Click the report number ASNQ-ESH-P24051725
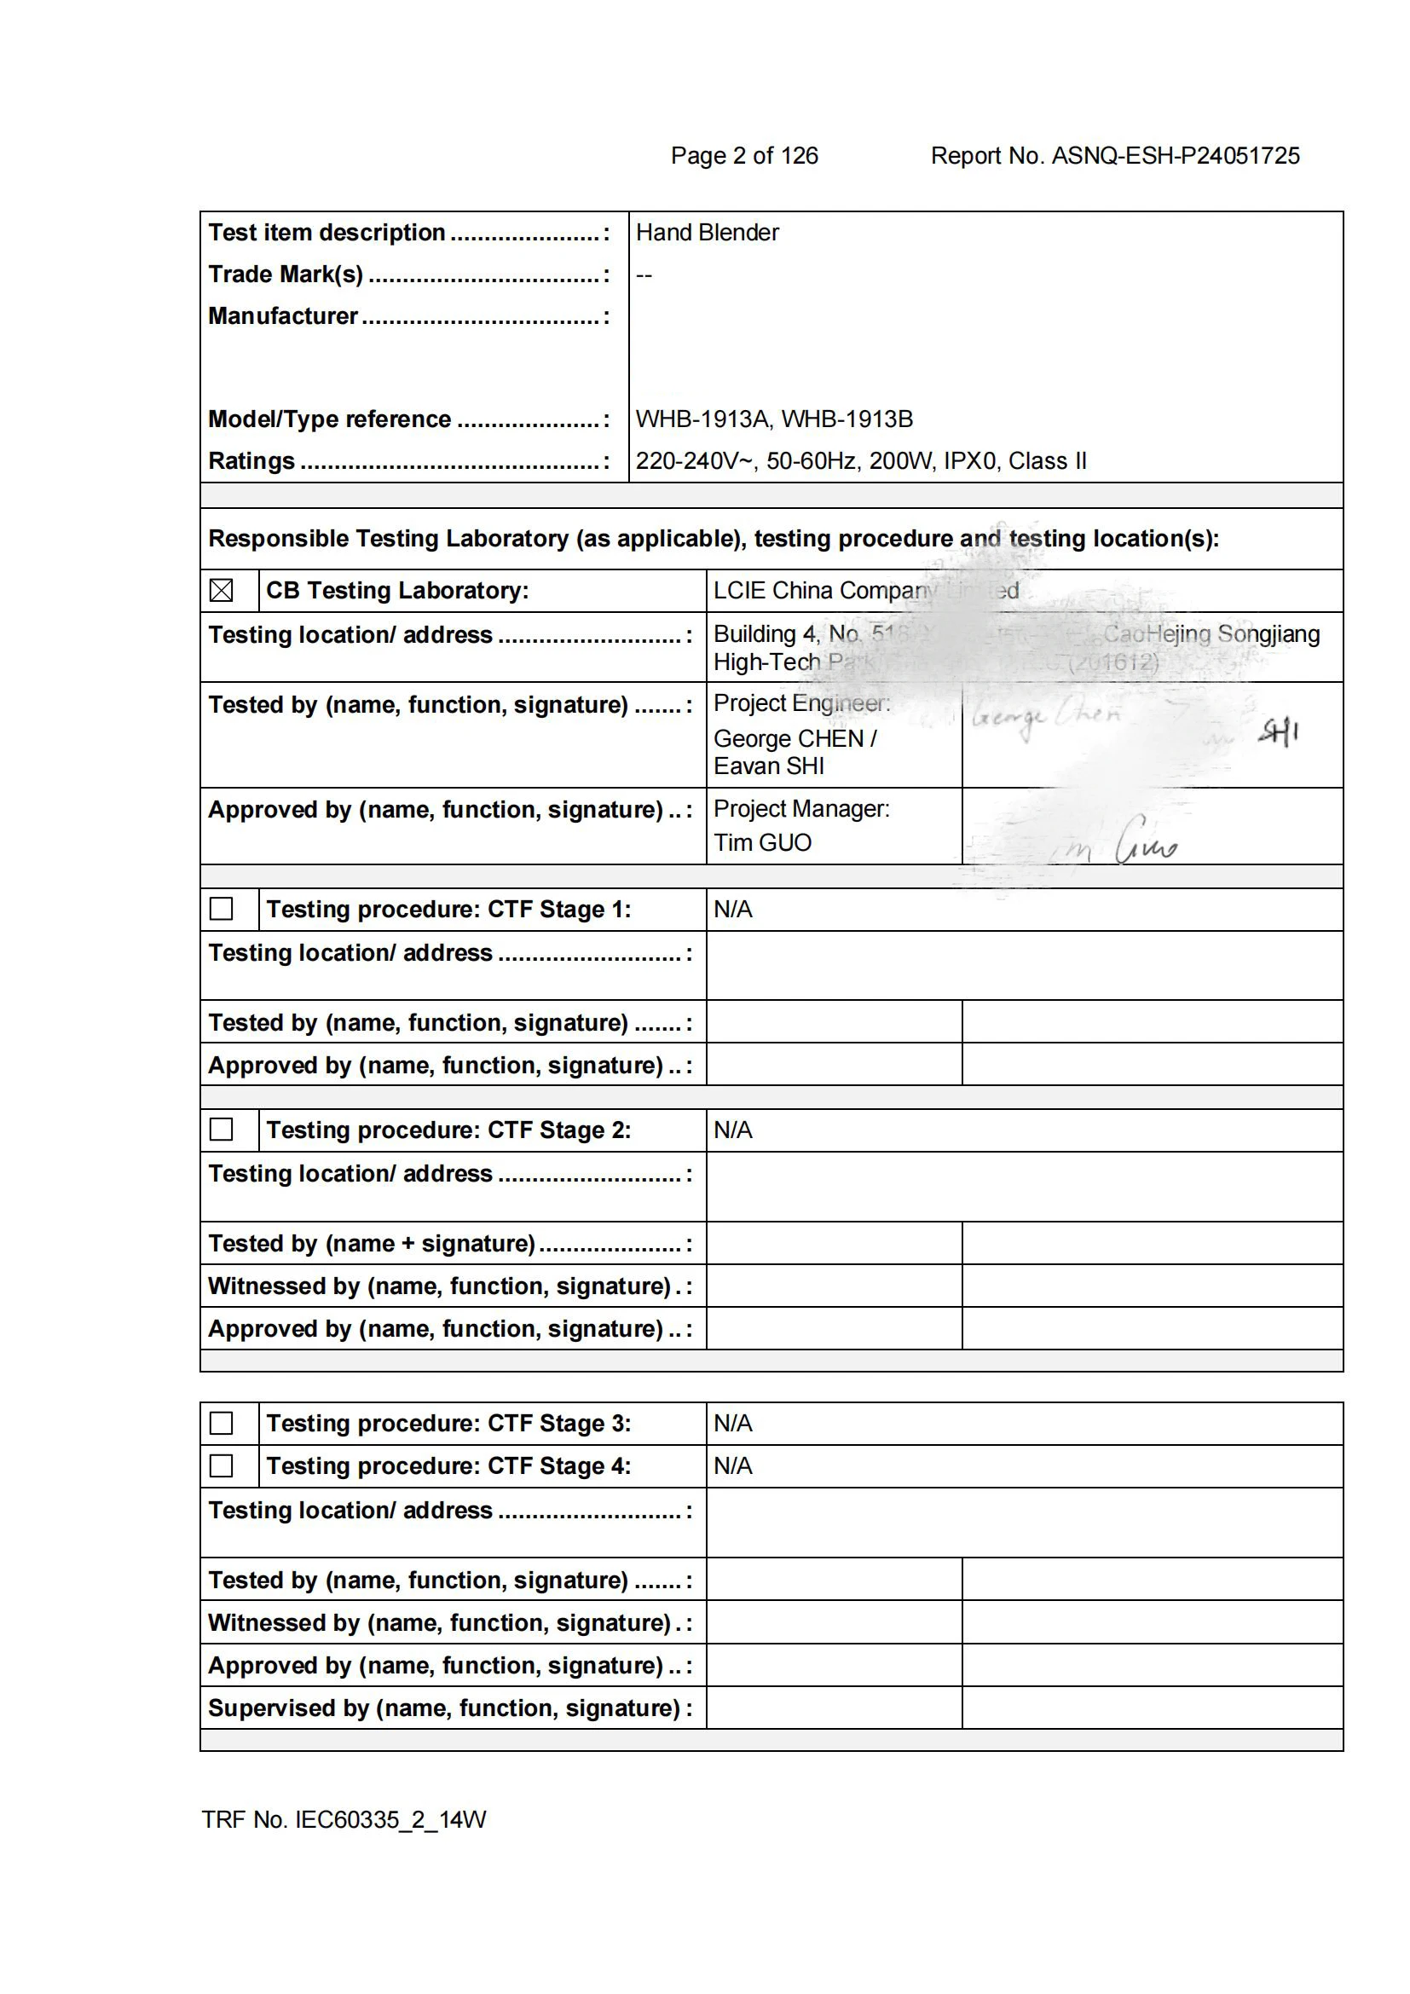(x=1176, y=155)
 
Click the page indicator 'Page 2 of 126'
(x=744, y=155)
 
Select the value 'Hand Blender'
(x=707, y=233)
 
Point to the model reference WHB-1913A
(x=702, y=419)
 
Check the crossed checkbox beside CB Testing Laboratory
(x=222, y=591)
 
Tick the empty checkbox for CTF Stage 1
(x=222, y=909)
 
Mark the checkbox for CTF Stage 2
(x=222, y=1129)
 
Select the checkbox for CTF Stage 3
(x=222, y=1423)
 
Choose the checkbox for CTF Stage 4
(x=222, y=1465)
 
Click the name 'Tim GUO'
(x=762, y=842)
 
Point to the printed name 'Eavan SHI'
(x=768, y=766)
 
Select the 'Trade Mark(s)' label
(x=286, y=275)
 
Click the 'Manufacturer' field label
(x=283, y=316)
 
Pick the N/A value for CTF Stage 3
(x=733, y=1423)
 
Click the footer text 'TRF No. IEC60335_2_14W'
(x=344, y=1819)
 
